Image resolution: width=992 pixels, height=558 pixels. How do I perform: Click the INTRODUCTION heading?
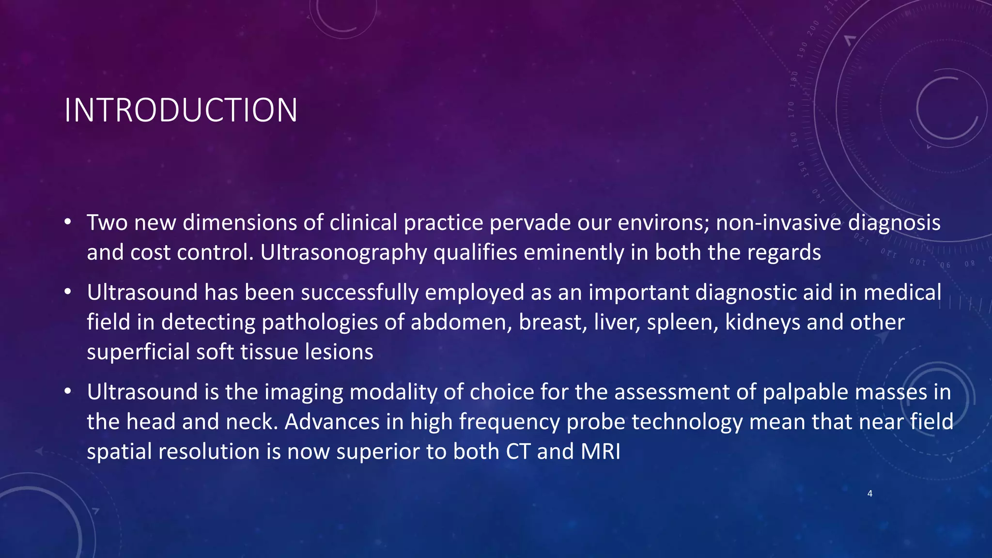pyautogui.click(x=181, y=110)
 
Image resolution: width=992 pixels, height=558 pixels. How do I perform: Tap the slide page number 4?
pyautogui.click(x=870, y=494)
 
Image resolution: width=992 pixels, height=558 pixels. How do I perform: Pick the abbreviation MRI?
pyautogui.click(x=600, y=451)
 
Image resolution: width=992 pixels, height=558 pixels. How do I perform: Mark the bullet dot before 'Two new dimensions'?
pyautogui.click(x=68, y=222)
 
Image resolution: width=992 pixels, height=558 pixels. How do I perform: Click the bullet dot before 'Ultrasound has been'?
pyautogui.click(x=68, y=292)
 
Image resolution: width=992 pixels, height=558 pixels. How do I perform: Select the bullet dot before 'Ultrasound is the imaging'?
pyautogui.click(x=68, y=391)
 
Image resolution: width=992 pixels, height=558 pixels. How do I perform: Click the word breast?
pyautogui.click(x=550, y=323)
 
